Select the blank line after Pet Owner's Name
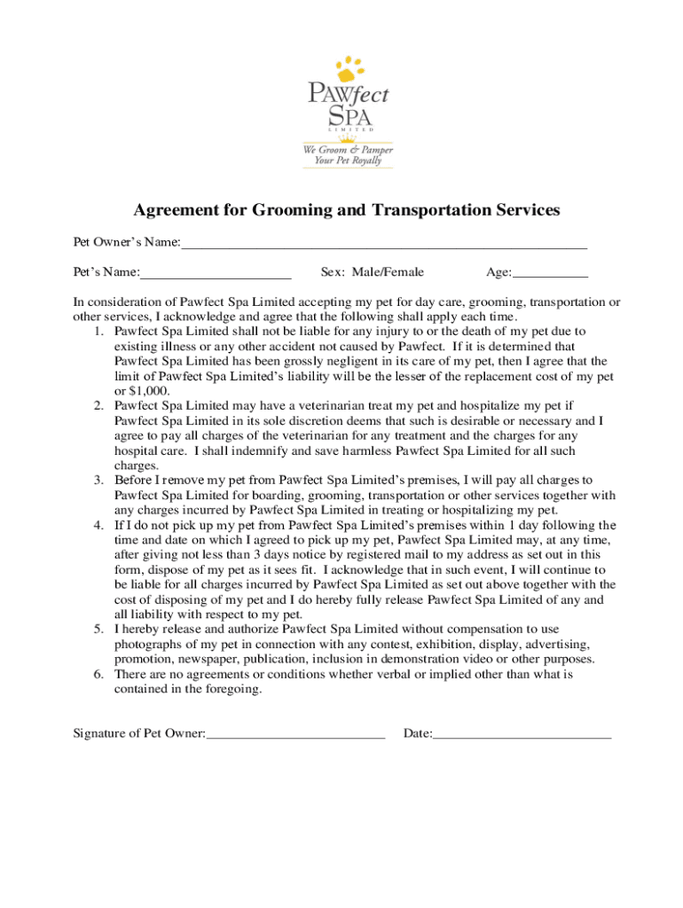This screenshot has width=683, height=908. (383, 242)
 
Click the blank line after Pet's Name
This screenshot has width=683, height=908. (216, 272)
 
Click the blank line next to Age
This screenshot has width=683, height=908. (550, 272)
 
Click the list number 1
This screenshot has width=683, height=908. (98, 332)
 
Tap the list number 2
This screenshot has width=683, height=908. (98, 406)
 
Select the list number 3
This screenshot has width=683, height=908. (98, 481)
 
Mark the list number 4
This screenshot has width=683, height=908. (98, 525)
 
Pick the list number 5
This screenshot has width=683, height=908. (98, 630)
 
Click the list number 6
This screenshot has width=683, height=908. (98, 674)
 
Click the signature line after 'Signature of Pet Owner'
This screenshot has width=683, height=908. (295, 734)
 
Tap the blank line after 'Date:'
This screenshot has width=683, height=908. (522, 734)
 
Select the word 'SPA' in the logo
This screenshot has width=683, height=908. (349, 116)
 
